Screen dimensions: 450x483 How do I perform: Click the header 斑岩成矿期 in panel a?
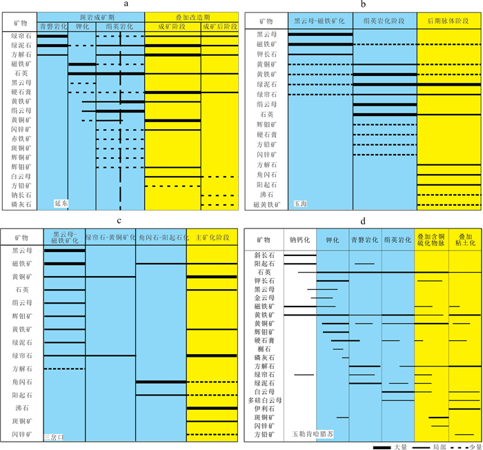pyautogui.click(x=91, y=15)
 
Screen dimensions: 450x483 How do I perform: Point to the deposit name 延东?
pyautogui.click(x=61, y=204)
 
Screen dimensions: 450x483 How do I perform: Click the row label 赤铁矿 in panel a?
pyautogui.click(x=19, y=139)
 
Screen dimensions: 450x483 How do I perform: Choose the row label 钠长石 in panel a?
pyautogui.click(x=19, y=195)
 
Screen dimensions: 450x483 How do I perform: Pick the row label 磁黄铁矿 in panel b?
pyautogui.click(x=267, y=205)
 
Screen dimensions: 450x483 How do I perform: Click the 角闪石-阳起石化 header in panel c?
pyautogui.click(x=161, y=237)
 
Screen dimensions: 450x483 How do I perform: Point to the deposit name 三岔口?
pyautogui.click(x=55, y=437)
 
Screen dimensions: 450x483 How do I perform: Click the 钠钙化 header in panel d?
pyautogui.click(x=300, y=239)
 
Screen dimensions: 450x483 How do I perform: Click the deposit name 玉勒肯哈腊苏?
pyautogui.click(x=313, y=435)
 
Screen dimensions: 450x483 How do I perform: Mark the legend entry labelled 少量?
pyautogui.click(x=474, y=445)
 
